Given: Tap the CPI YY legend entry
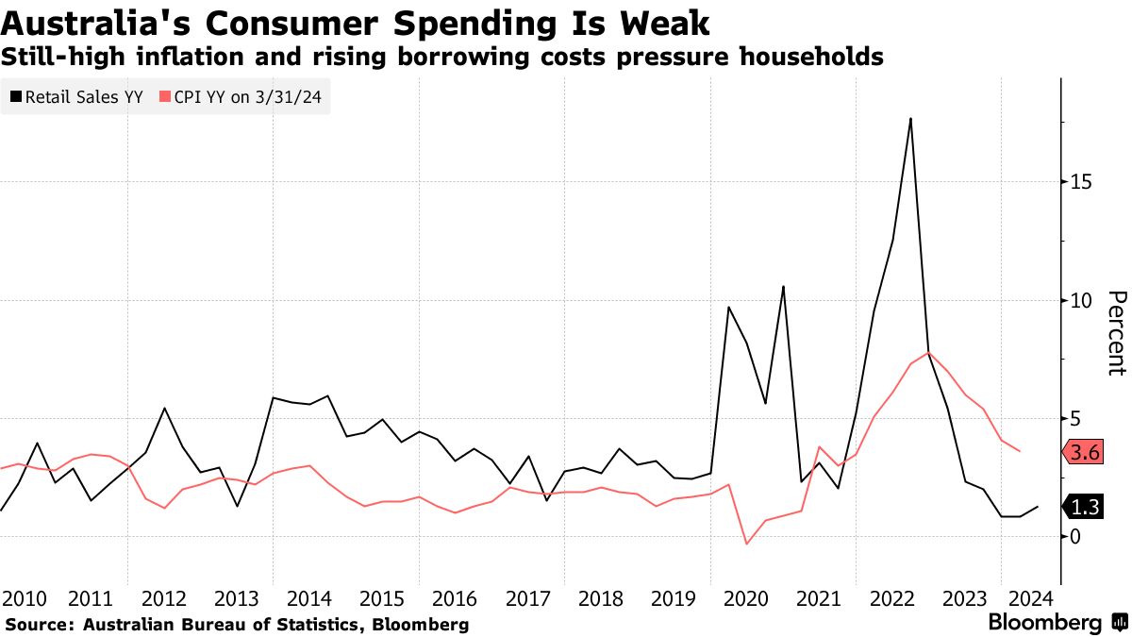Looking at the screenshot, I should (244, 96).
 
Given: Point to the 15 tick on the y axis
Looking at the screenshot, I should (1080, 181).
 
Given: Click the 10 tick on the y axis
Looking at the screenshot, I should (1080, 300).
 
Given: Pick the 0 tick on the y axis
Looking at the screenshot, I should (1075, 537).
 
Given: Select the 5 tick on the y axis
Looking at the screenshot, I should (1075, 418).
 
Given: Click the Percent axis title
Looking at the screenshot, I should (1116, 333).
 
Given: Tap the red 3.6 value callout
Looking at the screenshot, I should (1087, 453).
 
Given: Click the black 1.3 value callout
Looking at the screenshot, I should (1087, 507).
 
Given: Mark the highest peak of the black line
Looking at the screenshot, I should (910, 119).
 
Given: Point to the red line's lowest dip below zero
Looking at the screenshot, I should (747, 544).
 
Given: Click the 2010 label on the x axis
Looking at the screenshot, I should (25, 598).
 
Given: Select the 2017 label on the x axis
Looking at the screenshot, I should (529, 598).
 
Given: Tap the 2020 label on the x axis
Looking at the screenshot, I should (746, 598).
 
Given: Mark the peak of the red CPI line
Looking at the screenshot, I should (929, 353).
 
